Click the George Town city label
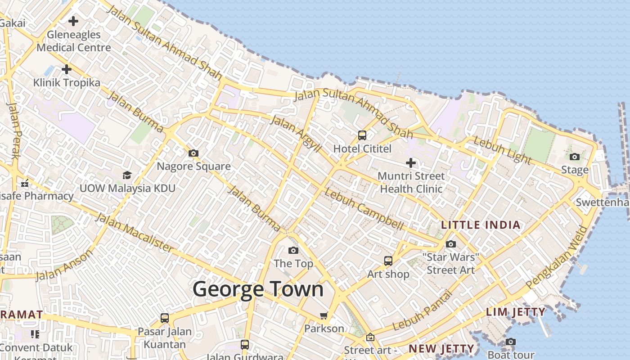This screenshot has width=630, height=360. coord(258,289)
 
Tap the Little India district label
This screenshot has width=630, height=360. coord(481,225)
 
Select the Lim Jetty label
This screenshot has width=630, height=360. coord(516,312)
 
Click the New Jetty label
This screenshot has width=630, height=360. coord(441,348)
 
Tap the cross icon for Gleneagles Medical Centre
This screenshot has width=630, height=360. coord(73,21)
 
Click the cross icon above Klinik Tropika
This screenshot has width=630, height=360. coord(67,69)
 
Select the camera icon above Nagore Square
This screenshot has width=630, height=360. coord(193,153)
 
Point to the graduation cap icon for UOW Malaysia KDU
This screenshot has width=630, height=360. coord(127,175)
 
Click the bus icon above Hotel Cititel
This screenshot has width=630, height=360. coord(362,135)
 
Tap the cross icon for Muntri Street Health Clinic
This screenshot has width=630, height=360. coord(411,162)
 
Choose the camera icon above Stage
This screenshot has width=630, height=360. coord(575,157)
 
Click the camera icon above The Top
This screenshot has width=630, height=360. coord(293,250)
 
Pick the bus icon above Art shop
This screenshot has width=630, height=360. coord(388,261)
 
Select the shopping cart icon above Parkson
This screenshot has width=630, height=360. coord(324,315)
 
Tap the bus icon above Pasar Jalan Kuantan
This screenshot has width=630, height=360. coord(165,318)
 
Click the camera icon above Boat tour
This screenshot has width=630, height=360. coord(510,342)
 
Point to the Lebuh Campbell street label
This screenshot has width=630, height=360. coord(364,211)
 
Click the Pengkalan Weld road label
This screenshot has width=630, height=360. coord(557,257)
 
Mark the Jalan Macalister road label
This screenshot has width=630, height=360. coord(134,233)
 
